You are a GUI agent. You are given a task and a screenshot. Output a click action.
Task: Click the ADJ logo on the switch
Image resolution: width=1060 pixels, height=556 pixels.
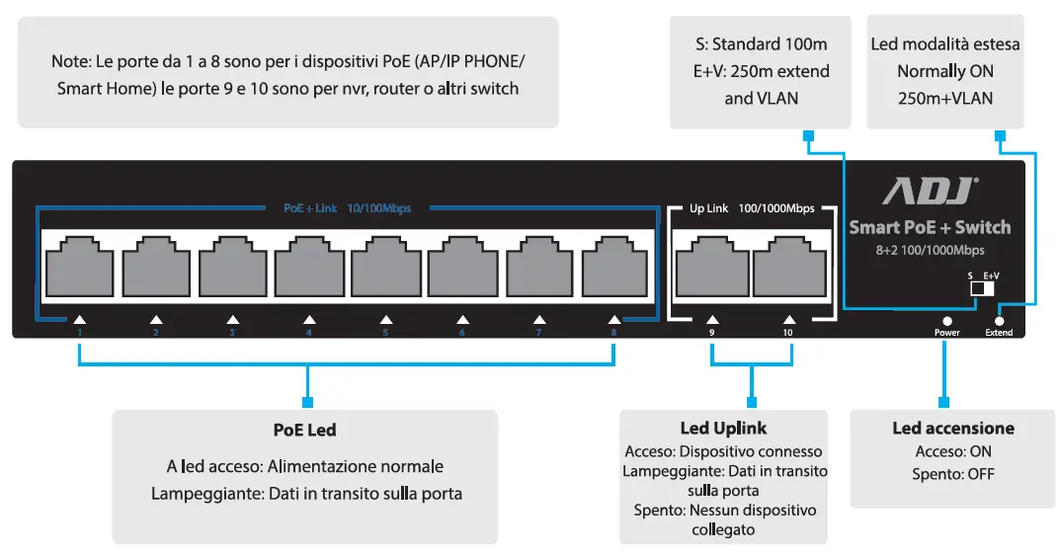[930, 191]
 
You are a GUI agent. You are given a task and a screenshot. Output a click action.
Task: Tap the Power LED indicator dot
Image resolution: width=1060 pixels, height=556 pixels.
[946, 321]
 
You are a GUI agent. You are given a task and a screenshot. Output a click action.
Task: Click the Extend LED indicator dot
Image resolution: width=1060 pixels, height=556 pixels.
[999, 321]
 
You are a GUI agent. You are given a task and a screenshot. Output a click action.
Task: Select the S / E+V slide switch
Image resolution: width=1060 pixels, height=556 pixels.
[981, 288]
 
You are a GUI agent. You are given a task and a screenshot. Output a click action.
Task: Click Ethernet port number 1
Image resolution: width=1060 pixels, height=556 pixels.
[78, 267]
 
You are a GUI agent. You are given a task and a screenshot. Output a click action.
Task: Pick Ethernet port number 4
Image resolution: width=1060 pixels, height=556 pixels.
[307, 267]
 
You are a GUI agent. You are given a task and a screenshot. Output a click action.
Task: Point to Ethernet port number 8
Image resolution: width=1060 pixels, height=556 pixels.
[613, 267]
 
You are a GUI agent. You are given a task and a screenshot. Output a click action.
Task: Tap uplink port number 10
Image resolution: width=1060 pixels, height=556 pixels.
[788, 267]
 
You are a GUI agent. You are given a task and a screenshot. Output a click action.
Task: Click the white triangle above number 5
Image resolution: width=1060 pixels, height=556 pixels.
[385, 319]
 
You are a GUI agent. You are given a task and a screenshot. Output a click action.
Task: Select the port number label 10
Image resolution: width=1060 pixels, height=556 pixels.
[788, 333]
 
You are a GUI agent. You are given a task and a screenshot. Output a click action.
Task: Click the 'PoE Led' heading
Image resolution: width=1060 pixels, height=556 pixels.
[304, 430]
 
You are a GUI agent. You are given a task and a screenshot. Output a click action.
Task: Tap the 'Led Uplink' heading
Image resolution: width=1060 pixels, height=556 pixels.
[723, 428]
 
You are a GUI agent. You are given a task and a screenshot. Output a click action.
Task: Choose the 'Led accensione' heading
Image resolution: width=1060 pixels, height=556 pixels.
[952, 428]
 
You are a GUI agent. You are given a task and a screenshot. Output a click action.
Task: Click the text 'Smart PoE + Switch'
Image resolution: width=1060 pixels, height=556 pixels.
[930, 227]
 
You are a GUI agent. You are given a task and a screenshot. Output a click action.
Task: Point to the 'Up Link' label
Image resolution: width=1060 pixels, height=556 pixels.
[708, 208]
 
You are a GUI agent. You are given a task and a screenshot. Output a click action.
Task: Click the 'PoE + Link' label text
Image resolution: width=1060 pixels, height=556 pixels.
[310, 208]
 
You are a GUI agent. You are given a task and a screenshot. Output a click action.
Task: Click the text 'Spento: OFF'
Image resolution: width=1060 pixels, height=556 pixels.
[952, 474]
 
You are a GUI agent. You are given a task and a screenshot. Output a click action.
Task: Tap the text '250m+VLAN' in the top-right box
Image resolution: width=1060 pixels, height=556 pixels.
[944, 98]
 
